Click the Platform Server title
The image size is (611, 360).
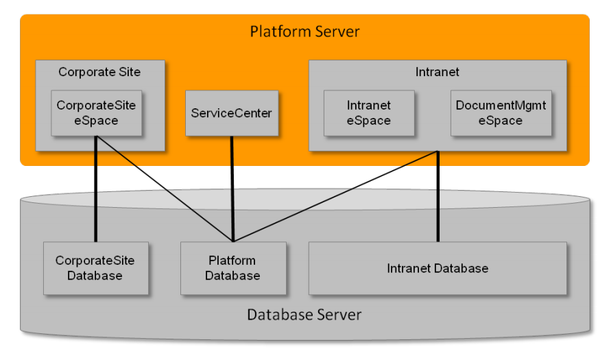304,32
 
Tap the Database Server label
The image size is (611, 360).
304,315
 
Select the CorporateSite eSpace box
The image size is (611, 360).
96,113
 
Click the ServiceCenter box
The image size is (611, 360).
232,113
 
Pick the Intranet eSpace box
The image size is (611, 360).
368,113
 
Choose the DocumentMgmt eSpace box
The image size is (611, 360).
501,113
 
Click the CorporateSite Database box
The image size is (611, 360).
95,268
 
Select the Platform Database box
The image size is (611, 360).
232,268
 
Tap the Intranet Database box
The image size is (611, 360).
438,268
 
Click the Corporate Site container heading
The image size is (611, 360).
99,72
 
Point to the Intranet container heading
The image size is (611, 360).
437,72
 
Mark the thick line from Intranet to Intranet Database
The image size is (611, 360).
438,199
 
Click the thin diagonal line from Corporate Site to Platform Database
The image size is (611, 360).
165,189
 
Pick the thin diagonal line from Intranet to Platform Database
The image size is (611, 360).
336,196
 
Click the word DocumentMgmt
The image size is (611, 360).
501,106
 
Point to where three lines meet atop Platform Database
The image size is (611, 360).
233,241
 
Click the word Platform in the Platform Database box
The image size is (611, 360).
232,261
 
